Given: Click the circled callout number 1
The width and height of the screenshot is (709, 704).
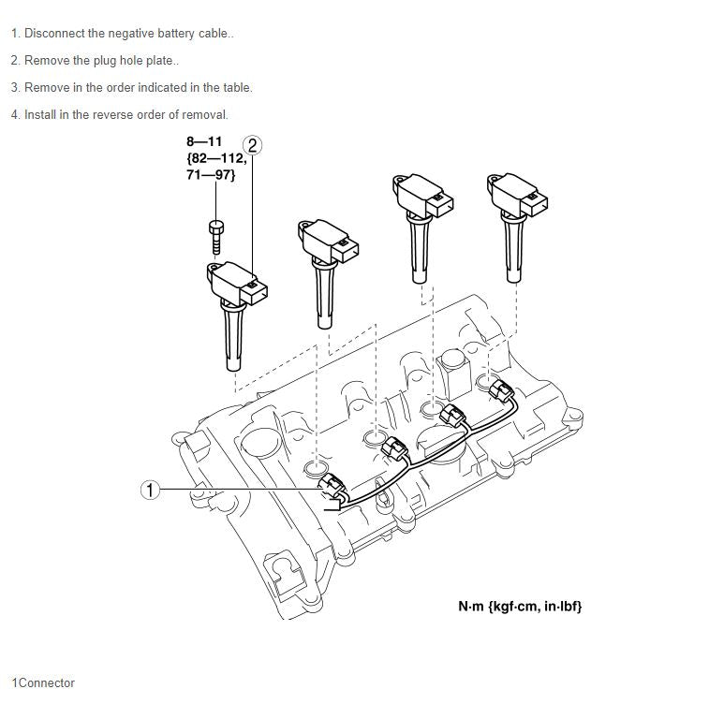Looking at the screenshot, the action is (x=150, y=490).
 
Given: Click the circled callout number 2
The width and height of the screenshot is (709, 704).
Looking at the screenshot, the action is (x=252, y=145).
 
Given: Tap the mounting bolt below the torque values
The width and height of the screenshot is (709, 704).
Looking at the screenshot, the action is (x=216, y=237).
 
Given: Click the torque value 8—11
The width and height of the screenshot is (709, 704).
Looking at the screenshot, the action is (x=204, y=142).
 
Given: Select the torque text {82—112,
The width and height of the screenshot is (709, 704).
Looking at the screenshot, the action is (x=216, y=158).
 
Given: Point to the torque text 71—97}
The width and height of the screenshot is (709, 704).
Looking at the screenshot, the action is (x=211, y=175).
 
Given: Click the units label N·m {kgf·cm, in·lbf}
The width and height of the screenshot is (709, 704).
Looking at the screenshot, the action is (x=520, y=607).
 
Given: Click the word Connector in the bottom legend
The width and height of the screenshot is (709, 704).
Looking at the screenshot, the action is (x=47, y=682).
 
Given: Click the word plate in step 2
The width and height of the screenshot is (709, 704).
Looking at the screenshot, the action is (x=159, y=61).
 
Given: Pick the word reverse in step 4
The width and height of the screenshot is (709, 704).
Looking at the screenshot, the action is (x=112, y=115).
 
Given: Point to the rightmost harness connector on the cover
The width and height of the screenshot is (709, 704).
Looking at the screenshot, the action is (x=501, y=391).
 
